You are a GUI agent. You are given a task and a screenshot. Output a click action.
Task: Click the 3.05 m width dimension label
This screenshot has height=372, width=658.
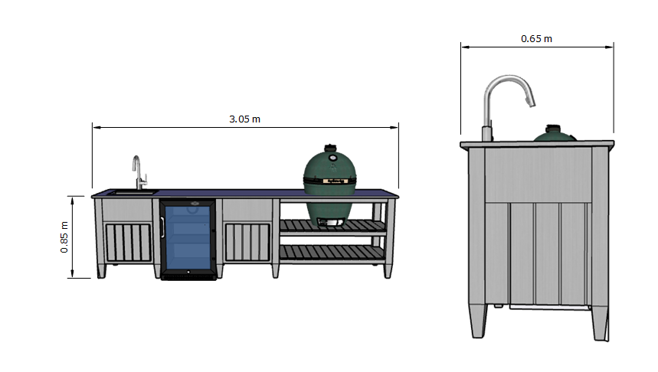[244, 119]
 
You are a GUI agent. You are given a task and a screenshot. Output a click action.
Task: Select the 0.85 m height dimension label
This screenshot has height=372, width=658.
[65, 237]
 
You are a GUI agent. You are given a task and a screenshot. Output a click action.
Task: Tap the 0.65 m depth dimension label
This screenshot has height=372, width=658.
[536, 38]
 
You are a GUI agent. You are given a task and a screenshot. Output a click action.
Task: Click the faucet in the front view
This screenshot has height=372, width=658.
[138, 173]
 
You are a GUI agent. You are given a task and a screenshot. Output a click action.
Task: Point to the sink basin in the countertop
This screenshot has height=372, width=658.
[126, 192]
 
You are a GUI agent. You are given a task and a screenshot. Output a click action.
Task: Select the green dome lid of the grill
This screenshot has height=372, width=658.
[330, 164]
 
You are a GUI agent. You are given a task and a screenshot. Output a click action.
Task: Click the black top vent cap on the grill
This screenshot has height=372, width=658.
[330, 146]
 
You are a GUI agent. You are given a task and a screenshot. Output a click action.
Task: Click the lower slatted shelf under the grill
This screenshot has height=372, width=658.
[331, 253]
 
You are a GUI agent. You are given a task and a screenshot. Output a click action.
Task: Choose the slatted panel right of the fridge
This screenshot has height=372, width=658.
[247, 242]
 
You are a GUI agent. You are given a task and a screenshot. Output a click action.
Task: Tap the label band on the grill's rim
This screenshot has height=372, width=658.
[330, 181]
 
